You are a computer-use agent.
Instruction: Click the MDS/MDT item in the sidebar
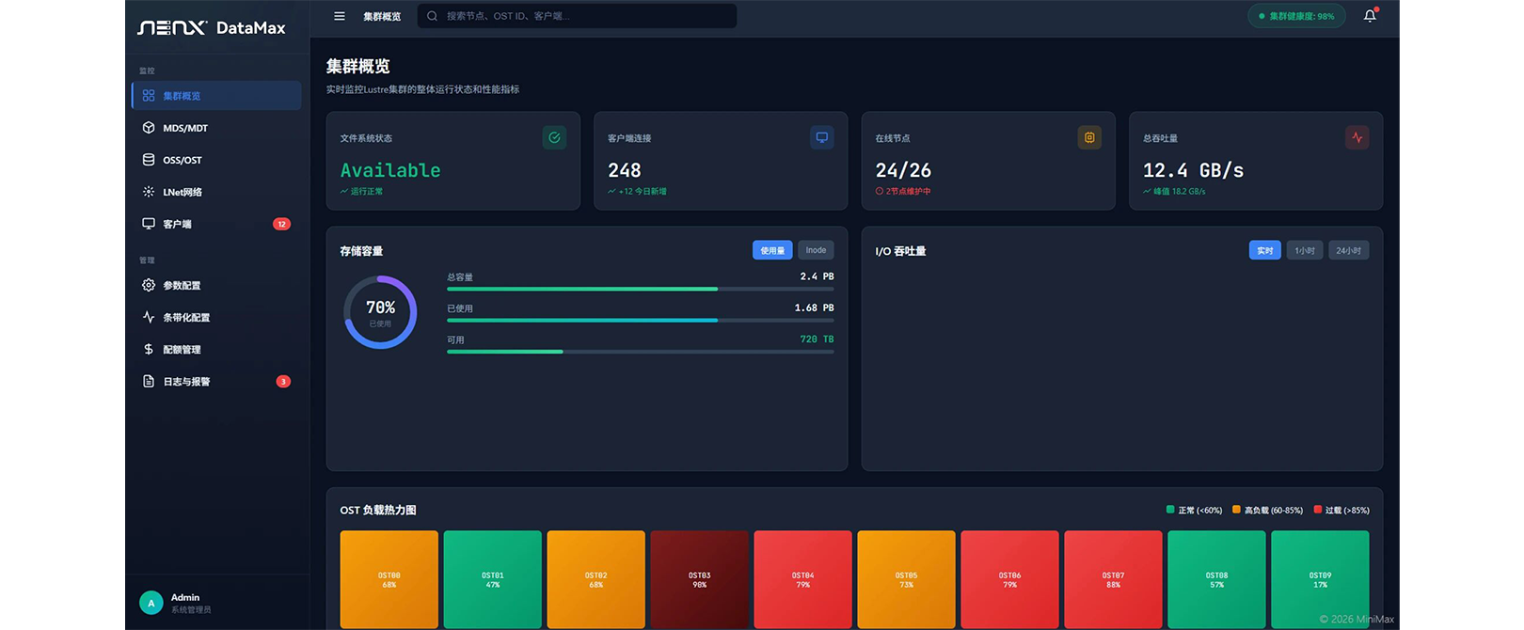click(x=185, y=128)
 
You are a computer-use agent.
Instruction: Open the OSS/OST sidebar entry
click(x=182, y=160)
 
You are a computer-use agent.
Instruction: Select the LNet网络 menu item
click(x=182, y=192)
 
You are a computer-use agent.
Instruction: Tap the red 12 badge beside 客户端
click(x=281, y=224)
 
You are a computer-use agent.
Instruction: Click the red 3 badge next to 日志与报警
click(x=283, y=382)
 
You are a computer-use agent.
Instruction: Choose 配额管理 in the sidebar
click(x=182, y=350)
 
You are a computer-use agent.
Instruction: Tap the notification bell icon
click(x=1370, y=16)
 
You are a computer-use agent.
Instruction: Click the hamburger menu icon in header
click(x=340, y=16)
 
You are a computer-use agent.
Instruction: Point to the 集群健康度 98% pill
click(x=1296, y=16)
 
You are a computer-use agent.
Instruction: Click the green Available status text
click(x=390, y=170)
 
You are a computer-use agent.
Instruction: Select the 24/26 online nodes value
click(x=903, y=170)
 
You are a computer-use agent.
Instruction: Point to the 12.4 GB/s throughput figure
click(x=1193, y=170)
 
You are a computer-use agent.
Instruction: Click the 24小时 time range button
click(x=1348, y=251)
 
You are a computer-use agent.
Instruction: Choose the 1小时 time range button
click(x=1304, y=251)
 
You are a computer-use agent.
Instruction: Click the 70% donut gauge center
click(x=380, y=311)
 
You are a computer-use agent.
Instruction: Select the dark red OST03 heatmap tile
click(x=699, y=579)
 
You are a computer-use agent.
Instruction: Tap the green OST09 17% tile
click(x=1320, y=579)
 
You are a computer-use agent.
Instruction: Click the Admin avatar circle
click(x=151, y=603)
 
